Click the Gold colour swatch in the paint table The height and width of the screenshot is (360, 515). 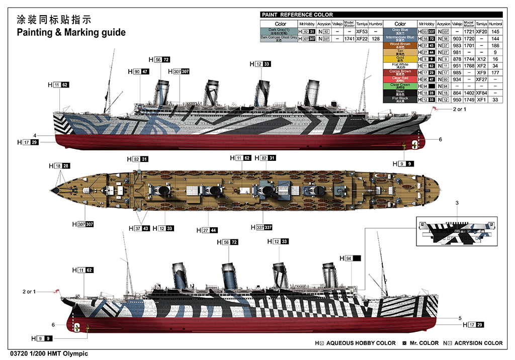pyautogui.click(x=400, y=59)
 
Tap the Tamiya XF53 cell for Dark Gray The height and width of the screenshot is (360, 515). pyautogui.click(x=362, y=31)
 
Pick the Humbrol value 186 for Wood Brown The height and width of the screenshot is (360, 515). pyautogui.click(x=495, y=45)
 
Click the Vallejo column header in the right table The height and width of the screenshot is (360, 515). pyautogui.click(x=457, y=24)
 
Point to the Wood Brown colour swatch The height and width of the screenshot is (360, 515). pyautogui.click(x=400, y=45)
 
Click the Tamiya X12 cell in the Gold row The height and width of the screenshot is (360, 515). pyautogui.click(x=482, y=59)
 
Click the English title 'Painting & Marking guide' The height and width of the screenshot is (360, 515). pyautogui.click(x=71, y=33)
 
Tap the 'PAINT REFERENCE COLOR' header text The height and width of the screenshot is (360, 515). pyautogui.click(x=297, y=15)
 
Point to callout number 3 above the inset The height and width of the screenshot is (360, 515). pyautogui.click(x=457, y=203)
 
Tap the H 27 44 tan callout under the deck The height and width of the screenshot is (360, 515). pyautogui.click(x=208, y=230)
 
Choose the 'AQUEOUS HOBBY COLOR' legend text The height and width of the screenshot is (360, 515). pyautogui.click(x=361, y=343)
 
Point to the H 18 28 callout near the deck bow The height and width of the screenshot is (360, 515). pyautogui.click(x=59, y=166)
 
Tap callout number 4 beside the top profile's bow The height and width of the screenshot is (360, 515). pyautogui.click(x=35, y=135)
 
